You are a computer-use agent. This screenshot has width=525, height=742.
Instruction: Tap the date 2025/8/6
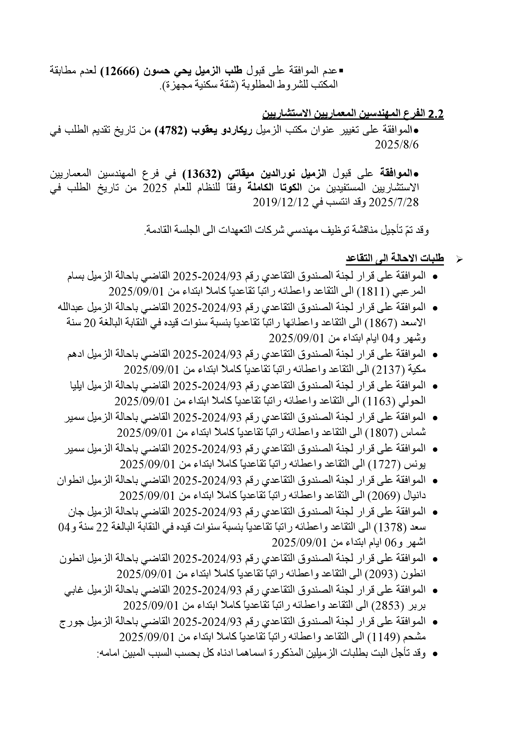click(396, 145)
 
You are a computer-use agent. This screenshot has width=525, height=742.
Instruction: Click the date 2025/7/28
click(394, 202)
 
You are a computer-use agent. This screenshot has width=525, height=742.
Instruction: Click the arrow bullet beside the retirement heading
click(459, 259)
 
